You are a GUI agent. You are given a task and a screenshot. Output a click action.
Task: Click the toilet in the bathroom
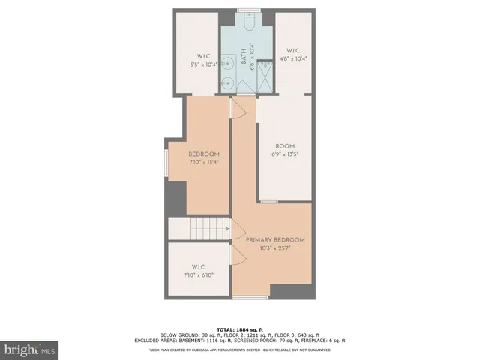(x=248, y=22)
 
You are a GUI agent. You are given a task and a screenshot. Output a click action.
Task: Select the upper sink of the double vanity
(x=226, y=63)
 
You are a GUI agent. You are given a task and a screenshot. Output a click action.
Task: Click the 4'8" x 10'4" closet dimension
(x=292, y=58)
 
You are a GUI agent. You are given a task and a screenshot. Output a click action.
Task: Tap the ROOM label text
(x=285, y=147)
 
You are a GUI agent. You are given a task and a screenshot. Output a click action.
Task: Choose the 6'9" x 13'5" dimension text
(x=285, y=154)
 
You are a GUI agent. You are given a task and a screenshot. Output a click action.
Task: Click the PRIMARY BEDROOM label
(x=275, y=239)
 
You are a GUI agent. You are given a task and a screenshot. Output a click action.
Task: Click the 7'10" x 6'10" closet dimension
(x=199, y=274)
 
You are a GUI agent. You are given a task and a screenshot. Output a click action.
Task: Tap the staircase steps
(x=209, y=229)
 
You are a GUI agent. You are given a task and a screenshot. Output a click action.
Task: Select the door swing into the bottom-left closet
(x=238, y=256)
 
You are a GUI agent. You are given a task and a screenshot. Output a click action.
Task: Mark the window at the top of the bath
(x=248, y=10)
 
